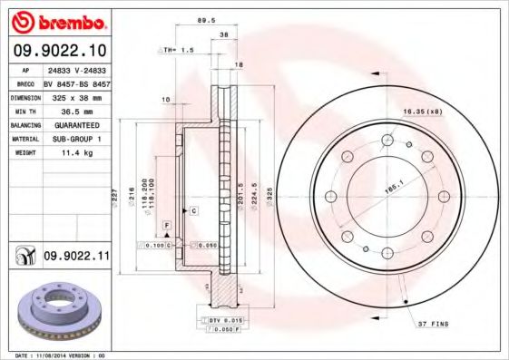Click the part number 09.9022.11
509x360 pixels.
76,258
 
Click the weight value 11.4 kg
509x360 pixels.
76,153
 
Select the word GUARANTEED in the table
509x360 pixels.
76,124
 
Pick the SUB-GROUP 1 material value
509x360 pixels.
76,139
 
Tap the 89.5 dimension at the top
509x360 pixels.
206,17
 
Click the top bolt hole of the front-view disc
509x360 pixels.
388,140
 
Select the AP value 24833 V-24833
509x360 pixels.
76,69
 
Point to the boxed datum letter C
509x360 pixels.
192,210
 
